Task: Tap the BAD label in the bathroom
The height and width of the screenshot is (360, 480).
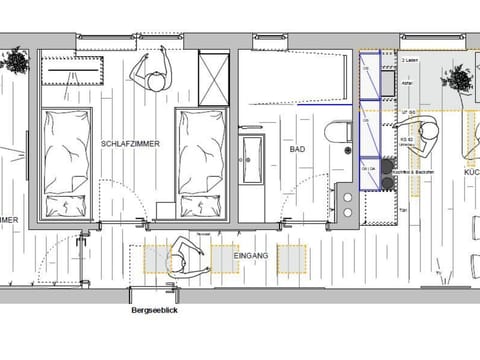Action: [297, 149]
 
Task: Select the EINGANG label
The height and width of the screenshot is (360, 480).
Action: [251, 257]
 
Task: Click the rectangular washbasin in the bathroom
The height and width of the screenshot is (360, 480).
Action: [250, 161]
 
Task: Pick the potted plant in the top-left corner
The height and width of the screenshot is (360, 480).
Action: [16, 61]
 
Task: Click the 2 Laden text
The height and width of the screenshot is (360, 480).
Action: [409, 62]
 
